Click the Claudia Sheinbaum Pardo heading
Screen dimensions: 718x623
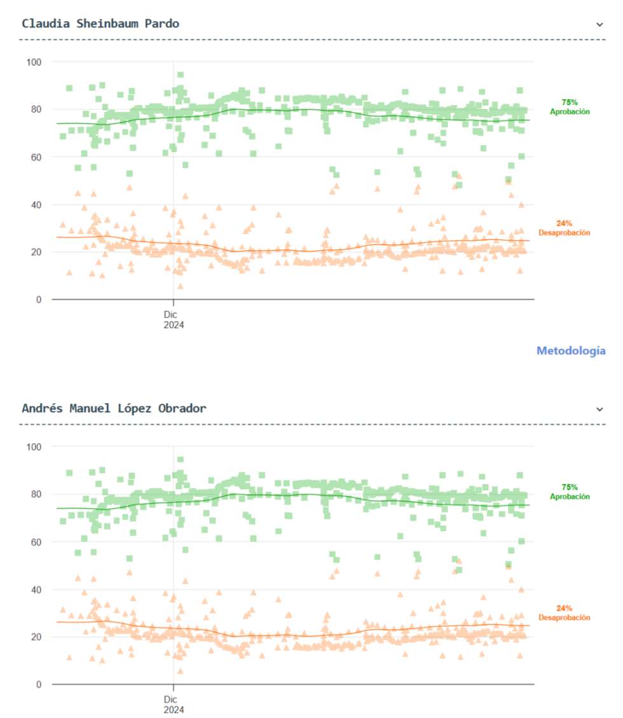(x=100, y=24)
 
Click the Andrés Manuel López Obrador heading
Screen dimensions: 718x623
(x=114, y=408)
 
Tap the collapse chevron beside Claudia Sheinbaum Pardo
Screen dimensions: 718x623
(x=599, y=24)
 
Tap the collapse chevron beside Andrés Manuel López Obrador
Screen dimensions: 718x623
(x=599, y=409)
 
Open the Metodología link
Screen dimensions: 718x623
(x=570, y=350)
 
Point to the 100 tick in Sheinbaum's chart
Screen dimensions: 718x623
(x=33, y=62)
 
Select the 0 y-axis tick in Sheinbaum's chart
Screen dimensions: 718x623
(x=38, y=300)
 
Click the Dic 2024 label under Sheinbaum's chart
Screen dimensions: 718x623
(x=173, y=319)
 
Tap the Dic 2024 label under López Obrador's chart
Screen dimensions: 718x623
(x=173, y=703)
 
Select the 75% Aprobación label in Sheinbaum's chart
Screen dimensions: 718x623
(x=570, y=107)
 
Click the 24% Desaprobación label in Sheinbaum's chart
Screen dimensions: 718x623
(x=564, y=228)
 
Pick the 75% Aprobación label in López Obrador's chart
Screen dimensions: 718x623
(x=570, y=492)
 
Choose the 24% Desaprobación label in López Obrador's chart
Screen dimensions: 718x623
(x=564, y=612)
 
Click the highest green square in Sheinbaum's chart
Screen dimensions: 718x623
(x=181, y=75)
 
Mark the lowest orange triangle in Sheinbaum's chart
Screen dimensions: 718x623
(x=181, y=286)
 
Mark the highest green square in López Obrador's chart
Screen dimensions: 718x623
(x=181, y=459)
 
